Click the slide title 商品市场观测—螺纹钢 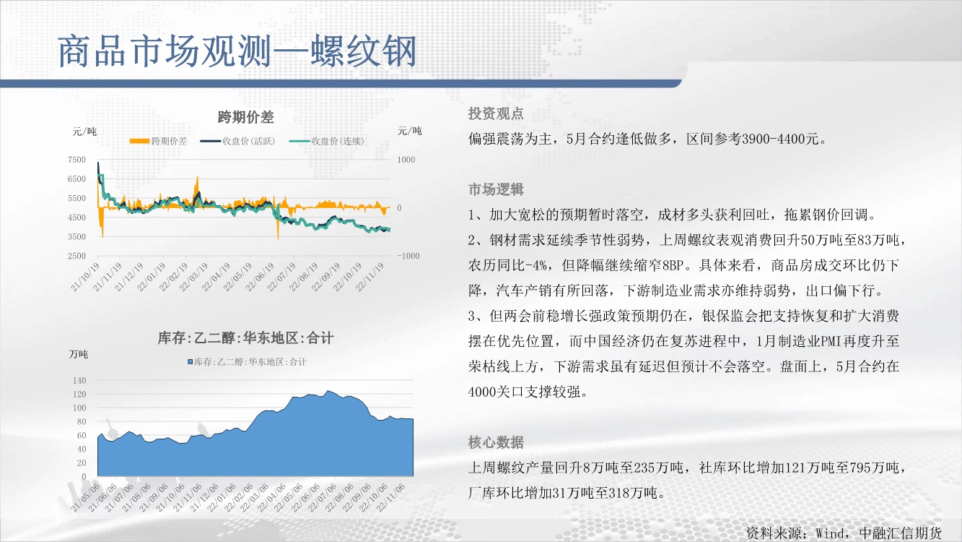click(x=237, y=51)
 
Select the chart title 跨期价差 click(x=245, y=117)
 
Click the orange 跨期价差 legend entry click(x=158, y=141)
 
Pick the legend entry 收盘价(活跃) click(x=237, y=141)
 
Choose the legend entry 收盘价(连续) click(x=326, y=141)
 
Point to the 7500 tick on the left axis click(x=77, y=160)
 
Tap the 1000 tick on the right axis click(x=406, y=160)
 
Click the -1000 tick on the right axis click(x=408, y=256)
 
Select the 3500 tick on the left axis click(x=77, y=236)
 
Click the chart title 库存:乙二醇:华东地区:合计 click(x=245, y=338)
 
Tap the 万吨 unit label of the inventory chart click(x=79, y=354)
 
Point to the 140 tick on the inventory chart click(x=79, y=380)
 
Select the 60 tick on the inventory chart click(x=82, y=435)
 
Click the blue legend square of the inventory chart click(x=190, y=362)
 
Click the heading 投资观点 click(x=496, y=113)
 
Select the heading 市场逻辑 click(x=496, y=189)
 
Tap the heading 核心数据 click(x=496, y=442)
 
